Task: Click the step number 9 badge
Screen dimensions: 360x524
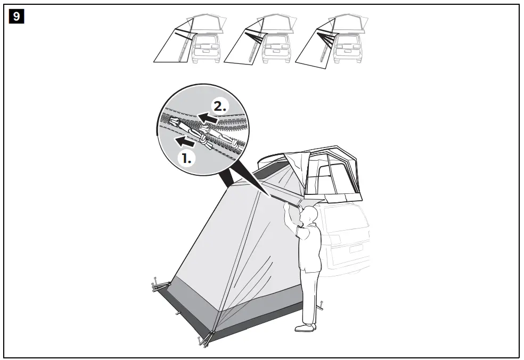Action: point(17,17)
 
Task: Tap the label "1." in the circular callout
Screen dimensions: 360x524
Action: point(186,158)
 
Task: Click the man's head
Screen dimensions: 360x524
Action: point(310,215)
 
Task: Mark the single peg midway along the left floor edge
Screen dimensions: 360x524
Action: point(178,313)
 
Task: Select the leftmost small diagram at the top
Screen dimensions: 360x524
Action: point(187,40)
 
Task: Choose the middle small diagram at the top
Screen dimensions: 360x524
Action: point(258,40)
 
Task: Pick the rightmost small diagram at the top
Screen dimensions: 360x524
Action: point(329,40)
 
